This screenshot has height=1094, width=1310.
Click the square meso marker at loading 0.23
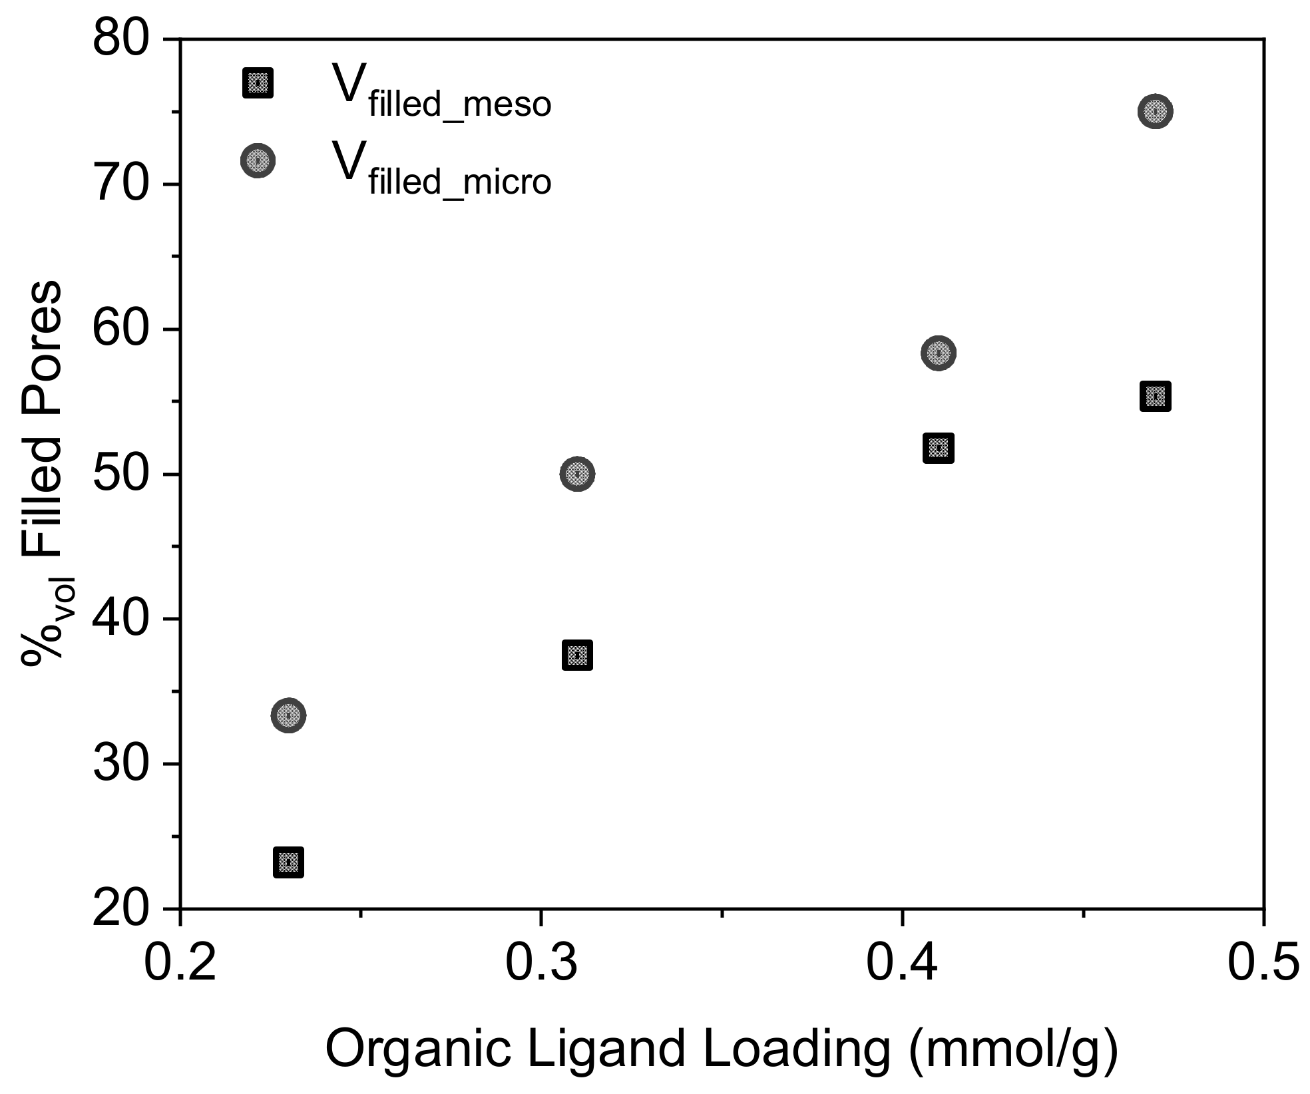pos(288,863)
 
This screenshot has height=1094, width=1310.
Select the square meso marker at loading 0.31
pos(577,655)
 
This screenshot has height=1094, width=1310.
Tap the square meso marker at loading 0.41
pos(939,448)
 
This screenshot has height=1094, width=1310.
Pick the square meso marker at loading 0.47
pos(1156,397)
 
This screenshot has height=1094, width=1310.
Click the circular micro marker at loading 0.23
pos(288,716)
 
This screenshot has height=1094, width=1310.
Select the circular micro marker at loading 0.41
pos(939,353)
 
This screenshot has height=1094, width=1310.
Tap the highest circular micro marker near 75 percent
pos(1156,111)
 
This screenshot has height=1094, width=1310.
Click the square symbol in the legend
pos(258,83)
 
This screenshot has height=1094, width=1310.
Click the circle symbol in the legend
pos(258,160)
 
